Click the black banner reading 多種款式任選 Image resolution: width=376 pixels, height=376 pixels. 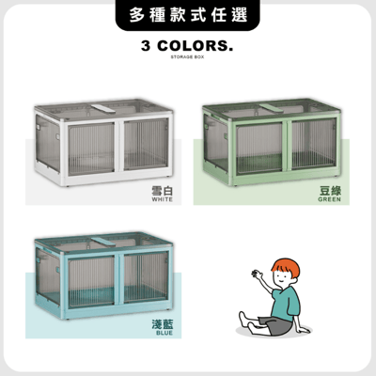[188, 17]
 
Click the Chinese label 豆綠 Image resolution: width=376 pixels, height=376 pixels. [332, 190]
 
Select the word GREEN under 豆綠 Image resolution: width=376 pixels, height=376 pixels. [332, 200]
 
